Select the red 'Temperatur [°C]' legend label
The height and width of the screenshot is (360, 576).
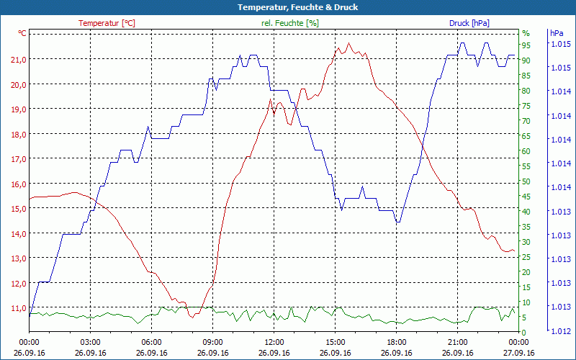pos(107,23)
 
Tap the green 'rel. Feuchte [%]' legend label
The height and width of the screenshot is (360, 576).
pos(290,23)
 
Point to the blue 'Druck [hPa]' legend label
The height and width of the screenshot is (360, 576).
pos(469,23)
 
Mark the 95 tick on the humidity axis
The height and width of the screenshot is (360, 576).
pos(526,45)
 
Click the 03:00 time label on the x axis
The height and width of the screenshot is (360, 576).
pos(90,343)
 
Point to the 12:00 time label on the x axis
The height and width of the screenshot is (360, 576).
pos(274,343)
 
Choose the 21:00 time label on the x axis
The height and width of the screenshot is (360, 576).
pos(458,343)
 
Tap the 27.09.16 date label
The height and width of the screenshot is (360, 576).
pos(519,353)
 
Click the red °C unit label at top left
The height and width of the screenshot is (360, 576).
pos(22,33)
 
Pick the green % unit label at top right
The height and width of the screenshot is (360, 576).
pos(526,33)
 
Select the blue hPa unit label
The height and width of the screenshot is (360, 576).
pos(557,33)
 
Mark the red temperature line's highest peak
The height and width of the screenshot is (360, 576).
pos(349,43)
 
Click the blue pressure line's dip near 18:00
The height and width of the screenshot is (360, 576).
pos(397,222)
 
